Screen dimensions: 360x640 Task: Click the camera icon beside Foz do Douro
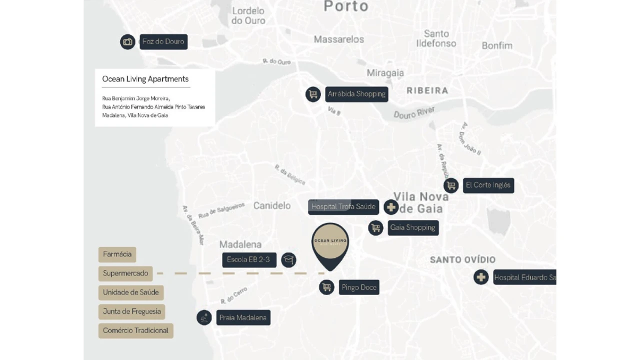pos(127,42)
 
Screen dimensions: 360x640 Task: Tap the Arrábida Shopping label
pos(356,94)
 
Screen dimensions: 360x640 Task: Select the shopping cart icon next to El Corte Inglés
pos(451,185)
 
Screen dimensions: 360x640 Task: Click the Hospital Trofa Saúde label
pos(343,207)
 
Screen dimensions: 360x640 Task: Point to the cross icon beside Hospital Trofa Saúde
pos(391,207)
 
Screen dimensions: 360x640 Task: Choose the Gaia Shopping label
pos(412,228)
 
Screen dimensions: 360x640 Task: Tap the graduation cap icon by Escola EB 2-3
pos(288,259)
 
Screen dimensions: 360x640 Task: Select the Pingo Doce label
pos(358,287)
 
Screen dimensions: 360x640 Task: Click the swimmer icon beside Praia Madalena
pos(204,317)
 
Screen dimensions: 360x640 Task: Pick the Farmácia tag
pos(117,254)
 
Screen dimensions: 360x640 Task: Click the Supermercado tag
pos(125,273)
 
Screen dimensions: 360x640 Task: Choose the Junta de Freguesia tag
pos(131,311)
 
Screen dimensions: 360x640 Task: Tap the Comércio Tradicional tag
pos(135,330)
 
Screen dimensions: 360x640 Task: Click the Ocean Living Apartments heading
pos(145,79)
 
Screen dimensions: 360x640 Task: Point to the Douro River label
pos(414,112)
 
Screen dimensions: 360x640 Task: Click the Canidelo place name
pos(271,205)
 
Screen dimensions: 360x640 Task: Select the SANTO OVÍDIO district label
pos(462,259)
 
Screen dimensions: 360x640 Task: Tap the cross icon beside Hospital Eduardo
pos(481,277)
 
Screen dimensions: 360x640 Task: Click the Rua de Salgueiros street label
pos(221,210)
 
